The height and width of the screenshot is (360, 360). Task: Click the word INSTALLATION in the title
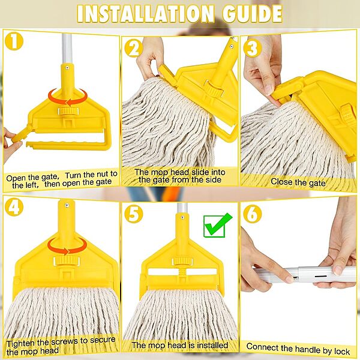click(x=146, y=14)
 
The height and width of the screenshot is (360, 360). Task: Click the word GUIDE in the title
click(x=252, y=14)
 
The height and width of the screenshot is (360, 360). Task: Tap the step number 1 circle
click(x=14, y=41)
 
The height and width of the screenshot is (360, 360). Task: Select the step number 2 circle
click(x=134, y=49)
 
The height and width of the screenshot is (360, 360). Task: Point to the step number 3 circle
click(x=253, y=49)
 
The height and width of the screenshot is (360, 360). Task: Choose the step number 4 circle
click(x=14, y=207)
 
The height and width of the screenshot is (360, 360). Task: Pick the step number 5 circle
click(x=134, y=214)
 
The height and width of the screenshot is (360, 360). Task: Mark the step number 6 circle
click(x=253, y=214)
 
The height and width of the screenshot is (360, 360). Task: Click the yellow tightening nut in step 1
click(x=68, y=112)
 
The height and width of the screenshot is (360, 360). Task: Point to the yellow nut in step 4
click(x=67, y=261)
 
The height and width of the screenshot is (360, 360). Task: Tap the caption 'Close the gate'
click(x=298, y=182)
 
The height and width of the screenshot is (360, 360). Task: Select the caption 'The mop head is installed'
click(x=180, y=346)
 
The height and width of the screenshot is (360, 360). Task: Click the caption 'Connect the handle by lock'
click(x=298, y=349)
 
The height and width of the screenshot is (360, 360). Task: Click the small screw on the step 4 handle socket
click(x=67, y=205)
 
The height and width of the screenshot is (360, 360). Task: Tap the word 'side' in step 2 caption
click(x=213, y=179)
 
